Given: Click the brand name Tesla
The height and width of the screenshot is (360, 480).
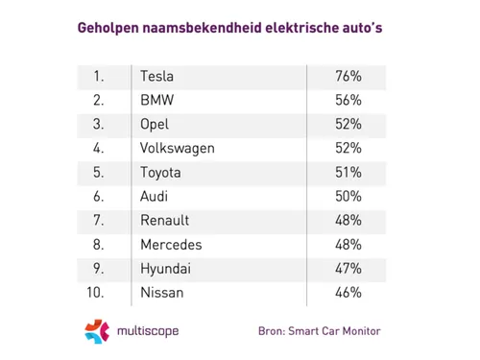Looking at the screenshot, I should click(x=158, y=76).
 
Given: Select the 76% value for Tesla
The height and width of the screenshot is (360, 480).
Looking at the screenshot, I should click(x=347, y=76).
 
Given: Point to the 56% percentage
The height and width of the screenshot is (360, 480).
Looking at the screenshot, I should click(x=347, y=100).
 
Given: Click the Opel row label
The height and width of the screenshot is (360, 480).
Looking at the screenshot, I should click(x=156, y=124).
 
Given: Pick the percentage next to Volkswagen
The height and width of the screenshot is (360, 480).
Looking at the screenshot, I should click(x=347, y=148).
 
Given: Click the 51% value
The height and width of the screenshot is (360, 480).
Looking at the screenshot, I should click(x=347, y=172).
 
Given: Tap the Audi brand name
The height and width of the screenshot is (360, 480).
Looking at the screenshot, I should click(x=156, y=196).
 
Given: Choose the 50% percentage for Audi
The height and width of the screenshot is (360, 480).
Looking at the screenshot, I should click(x=347, y=196).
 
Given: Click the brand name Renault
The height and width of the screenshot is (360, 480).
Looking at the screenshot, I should click(x=164, y=220).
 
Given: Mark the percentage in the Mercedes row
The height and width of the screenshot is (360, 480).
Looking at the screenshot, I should click(x=347, y=244).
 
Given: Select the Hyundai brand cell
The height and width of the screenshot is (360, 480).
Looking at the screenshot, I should click(x=164, y=268).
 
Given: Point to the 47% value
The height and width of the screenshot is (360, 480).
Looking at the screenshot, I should click(x=347, y=268).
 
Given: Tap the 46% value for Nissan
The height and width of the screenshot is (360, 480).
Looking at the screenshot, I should click(x=347, y=292).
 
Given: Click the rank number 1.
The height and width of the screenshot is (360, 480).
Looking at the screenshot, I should click(x=97, y=76).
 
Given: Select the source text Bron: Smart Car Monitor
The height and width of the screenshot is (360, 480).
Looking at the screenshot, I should click(x=320, y=332).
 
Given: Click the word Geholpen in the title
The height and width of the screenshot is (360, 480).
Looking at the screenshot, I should click(x=108, y=29).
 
